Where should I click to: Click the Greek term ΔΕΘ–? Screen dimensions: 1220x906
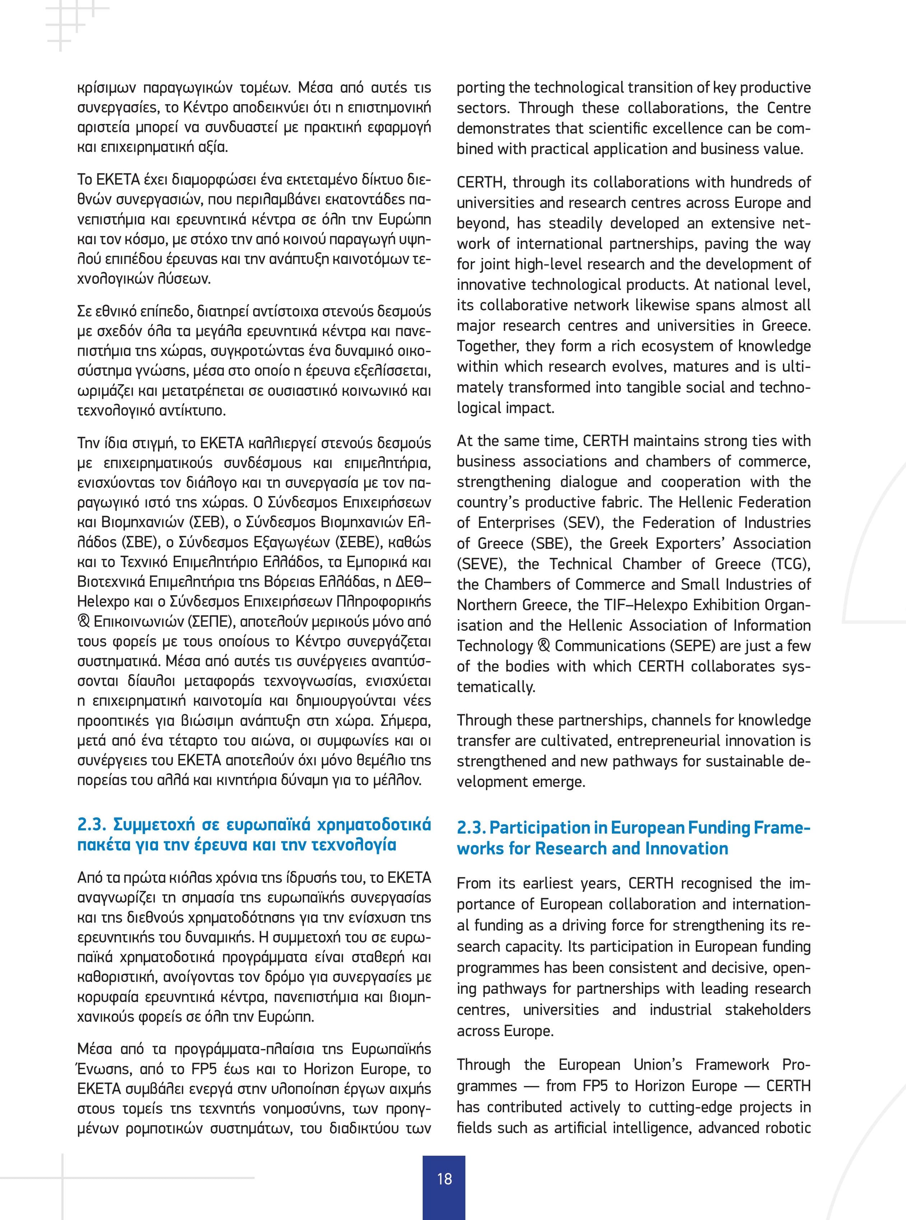point(415,582)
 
